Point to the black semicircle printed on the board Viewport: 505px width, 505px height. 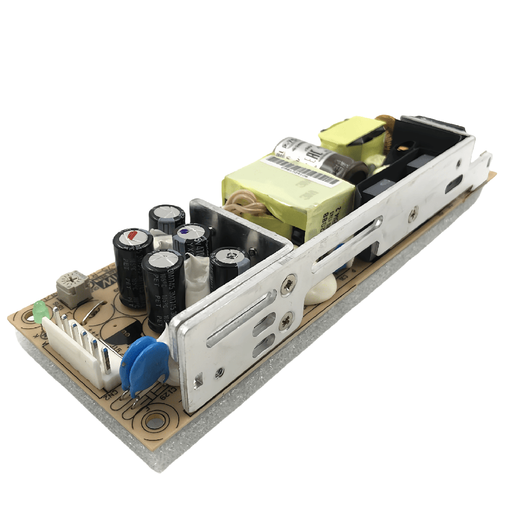tap(119, 336)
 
